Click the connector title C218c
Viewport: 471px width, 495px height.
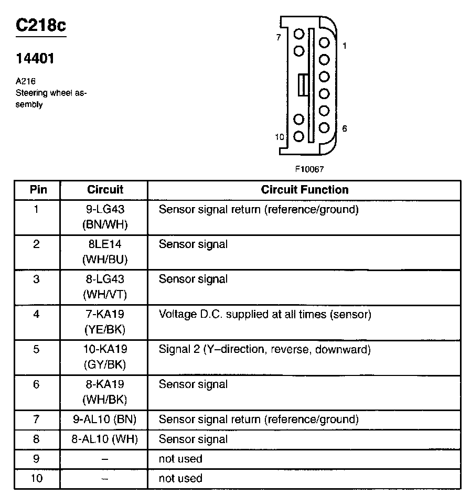click(x=41, y=26)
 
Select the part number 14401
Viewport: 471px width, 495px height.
click(x=35, y=59)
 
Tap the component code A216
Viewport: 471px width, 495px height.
click(x=26, y=81)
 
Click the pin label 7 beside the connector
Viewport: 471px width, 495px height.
click(x=278, y=37)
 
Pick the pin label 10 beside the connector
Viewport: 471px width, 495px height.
click(x=280, y=137)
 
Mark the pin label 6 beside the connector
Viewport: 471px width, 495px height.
click(x=344, y=128)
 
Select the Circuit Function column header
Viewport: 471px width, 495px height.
click(x=305, y=190)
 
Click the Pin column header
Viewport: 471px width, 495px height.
click(x=38, y=190)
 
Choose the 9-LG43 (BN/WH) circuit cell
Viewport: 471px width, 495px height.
click(x=105, y=217)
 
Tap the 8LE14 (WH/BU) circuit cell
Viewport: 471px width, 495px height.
click(x=105, y=252)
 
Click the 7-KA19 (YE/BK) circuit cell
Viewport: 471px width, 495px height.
click(x=105, y=321)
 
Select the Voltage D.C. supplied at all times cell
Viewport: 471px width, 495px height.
click(x=265, y=315)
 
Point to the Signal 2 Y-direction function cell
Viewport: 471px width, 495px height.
click(x=265, y=349)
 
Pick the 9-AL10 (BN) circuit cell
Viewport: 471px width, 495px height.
click(x=105, y=419)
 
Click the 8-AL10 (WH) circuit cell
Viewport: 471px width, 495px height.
click(x=105, y=439)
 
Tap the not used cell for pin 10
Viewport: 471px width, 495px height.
click(x=180, y=478)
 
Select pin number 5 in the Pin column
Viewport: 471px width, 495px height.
click(x=36, y=349)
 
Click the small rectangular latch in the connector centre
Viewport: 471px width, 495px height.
click(x=302, y=85)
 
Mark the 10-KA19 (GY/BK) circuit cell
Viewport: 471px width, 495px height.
click(x=105, y=357)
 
